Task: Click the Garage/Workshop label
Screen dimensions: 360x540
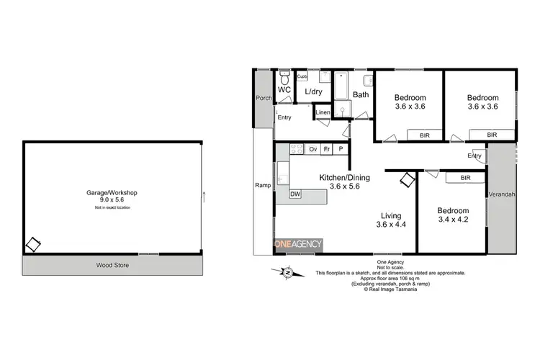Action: pos(112,193)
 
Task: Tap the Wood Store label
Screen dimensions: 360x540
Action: pos(112,265)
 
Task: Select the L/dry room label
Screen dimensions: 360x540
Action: pos(313,92)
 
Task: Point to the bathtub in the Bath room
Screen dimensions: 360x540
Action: pos(343,84)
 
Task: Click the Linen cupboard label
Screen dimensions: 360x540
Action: pos(323,112)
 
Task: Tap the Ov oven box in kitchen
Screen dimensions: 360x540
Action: pos(312,149)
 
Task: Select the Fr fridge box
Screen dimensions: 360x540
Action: pos(327,149)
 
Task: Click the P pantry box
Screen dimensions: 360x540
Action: pos(341,149)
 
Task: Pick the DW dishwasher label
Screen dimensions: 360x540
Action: pos(295,194)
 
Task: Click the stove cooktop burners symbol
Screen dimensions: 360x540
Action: pos(294,149)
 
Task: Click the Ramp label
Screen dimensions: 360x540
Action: pos(264,185)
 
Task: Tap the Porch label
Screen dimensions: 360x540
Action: pos(264,98)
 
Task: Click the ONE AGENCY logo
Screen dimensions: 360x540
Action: pos(297,245)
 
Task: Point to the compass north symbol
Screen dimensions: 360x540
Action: pos(287,271)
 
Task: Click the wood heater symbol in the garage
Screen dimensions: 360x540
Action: pos(33,245)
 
